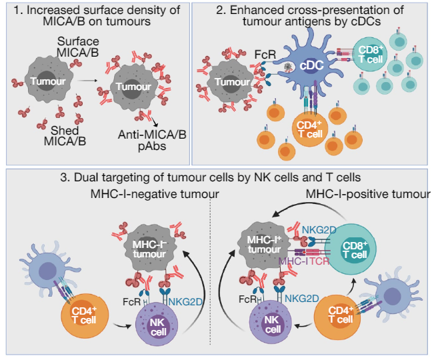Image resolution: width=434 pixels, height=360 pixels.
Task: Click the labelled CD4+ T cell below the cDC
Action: [x=311, y=127]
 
